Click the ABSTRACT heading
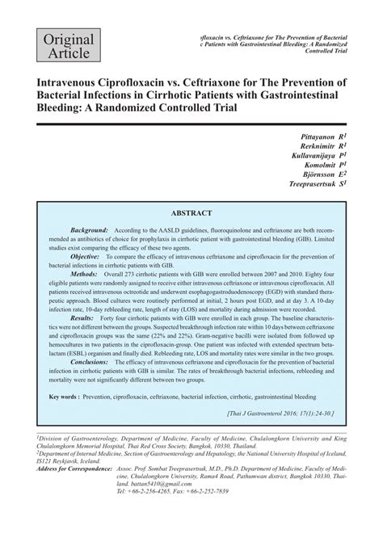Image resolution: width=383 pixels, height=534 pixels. point(191,213)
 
